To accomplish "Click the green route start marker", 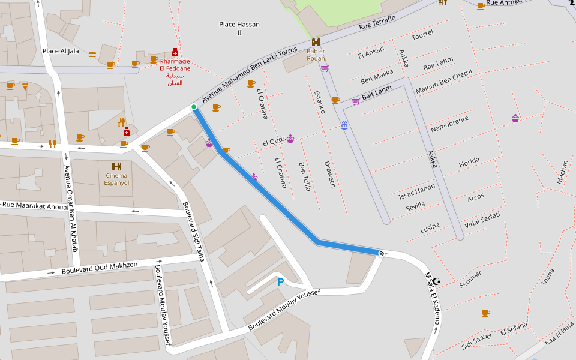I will click(193, 107).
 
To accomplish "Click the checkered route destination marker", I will click(380, 253).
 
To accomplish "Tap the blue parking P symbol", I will click(280, 281).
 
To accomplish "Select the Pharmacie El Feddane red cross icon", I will click(175, 52).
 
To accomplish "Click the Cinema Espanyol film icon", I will click(116, 166).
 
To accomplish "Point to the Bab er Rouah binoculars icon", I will click(316, 42).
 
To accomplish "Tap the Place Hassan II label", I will click(239, 28).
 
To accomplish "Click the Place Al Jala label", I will click(61, 51).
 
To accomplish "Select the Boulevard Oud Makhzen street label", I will click(100, 268).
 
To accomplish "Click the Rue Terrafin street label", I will click(377, 23).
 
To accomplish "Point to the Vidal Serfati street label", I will click(482, 218).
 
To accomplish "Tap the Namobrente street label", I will click(449, 124).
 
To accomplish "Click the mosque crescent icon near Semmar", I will click(437, 281).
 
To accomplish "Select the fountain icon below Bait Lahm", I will click(344, 125).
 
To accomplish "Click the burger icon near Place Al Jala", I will click(92, 55).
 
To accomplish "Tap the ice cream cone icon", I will click(25, 86).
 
